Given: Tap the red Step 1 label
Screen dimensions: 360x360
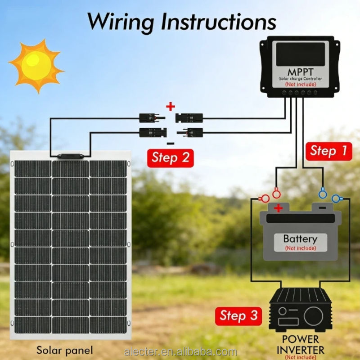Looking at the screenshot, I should tap(329, 150).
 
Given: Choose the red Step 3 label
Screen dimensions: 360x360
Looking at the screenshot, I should tap(239, 315).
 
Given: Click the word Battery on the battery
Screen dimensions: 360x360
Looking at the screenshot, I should tap(300, 239).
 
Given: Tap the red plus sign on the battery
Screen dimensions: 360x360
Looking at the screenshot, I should tap(279, 208).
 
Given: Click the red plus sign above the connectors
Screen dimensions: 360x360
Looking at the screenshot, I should tap(170, 107).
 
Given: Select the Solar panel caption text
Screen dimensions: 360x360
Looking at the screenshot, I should tap(65, 350).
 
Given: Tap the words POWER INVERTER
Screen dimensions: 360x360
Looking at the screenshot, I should tap(300, 344).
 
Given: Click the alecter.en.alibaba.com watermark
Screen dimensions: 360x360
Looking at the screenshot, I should tap(180, 351).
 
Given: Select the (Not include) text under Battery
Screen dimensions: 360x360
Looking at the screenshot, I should tap(300, 248).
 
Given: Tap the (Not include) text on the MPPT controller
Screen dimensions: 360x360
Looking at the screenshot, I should tap(301, 84).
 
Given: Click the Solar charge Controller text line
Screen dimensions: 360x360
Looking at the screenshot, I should tap(301, 79).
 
